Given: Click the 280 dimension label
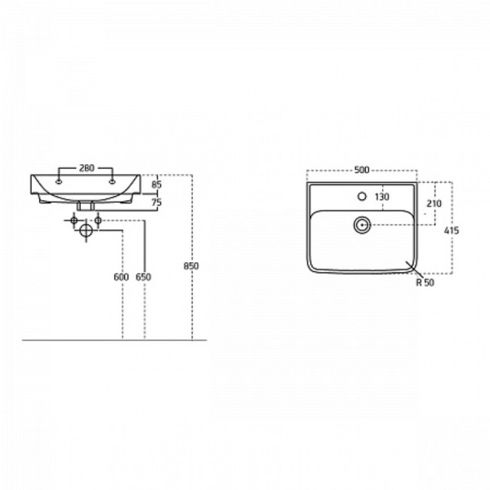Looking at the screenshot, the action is tap(87, 168).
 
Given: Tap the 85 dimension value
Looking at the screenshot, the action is tap(157, 185).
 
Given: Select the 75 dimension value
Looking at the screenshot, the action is tap(157, 203).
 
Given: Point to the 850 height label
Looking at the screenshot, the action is tap(191, 266).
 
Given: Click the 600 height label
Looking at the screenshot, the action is tap(121, 277).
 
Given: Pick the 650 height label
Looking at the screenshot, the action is tap(144, 277).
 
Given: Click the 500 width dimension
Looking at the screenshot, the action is tap(362, 170).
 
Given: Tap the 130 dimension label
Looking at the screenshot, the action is tap(382, 197).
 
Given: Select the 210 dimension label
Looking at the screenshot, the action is tap(434, 203).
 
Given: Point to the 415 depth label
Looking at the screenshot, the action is tap(452, 230).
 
